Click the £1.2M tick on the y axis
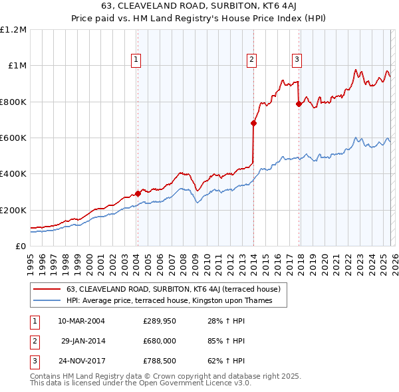(x=13, y=30)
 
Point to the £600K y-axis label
(x=13, y=138)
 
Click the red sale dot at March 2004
(x=138, y=194)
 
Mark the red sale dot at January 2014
(x=253, y=123)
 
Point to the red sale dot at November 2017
(x=299, y=104)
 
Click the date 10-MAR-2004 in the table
(x=81, y=321)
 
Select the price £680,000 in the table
(x=160, y=341)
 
